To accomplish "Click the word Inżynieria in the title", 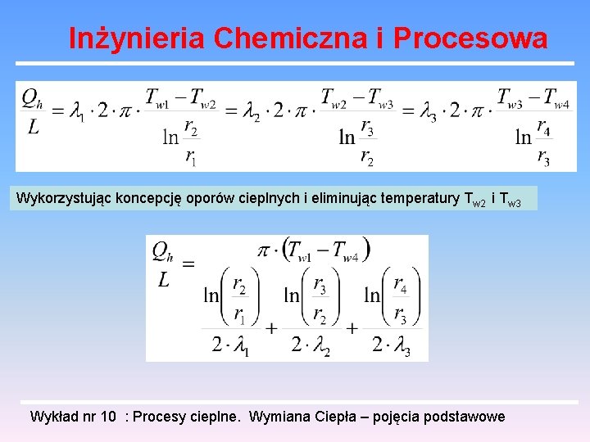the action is [135, 38].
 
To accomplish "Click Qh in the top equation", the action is [32, 98].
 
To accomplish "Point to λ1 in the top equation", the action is [76, 110].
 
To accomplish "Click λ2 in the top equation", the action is [252, 110].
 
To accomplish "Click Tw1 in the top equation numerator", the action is [157, 97].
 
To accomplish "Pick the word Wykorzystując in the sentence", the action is [57, 198].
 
